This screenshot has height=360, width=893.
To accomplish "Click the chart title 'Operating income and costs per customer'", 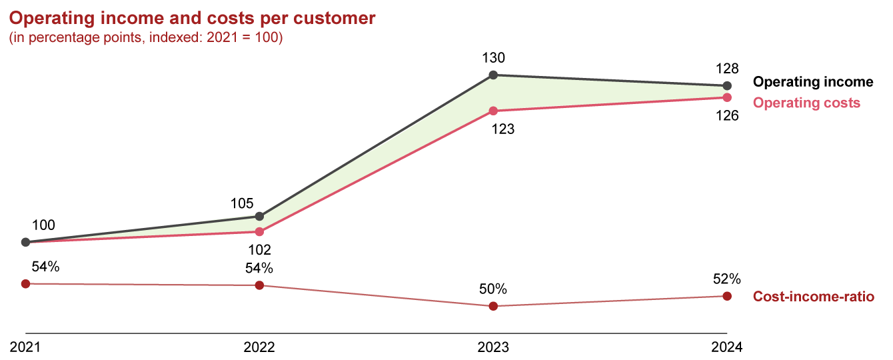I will (192, 19).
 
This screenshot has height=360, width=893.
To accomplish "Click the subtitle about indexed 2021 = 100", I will (146, 39).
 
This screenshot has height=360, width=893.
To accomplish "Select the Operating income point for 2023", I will (493, 75).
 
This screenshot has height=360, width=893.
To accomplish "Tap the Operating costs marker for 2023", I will (493, 111).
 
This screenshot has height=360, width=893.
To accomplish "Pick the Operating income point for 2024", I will (727, 86).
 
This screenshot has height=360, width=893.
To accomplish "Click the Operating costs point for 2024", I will (727, 97).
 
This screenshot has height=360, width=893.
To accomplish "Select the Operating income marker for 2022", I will (259, 217).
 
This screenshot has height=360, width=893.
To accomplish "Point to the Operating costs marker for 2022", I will (259, 232).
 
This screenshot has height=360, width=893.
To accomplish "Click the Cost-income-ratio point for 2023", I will (493, 306).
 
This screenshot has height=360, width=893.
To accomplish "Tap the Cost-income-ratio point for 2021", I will (25, 283).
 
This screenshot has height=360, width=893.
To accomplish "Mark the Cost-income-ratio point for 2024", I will (727, 296).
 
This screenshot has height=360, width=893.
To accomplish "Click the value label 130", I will (493, 58).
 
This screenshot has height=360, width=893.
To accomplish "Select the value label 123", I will (502, 129).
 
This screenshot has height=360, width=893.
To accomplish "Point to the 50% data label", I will (493, 289).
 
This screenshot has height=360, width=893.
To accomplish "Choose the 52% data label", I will (727, 279).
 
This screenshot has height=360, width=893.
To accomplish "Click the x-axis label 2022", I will (259, 347).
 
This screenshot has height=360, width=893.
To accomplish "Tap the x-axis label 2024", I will (727, 347).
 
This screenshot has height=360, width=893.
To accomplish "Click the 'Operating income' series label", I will (812, 82).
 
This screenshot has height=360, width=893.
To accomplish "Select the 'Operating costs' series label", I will (806, 103).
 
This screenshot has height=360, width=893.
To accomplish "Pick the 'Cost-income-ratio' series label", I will (813, 297).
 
